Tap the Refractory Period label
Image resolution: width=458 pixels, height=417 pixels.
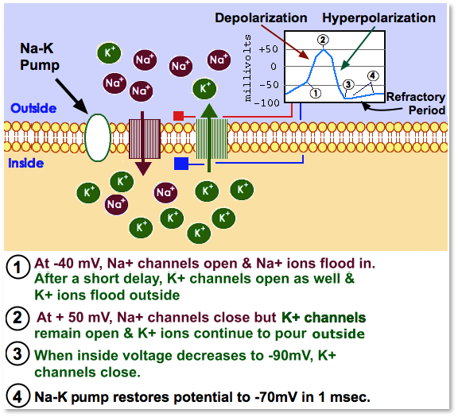pyautogui.click(x=416, y=103)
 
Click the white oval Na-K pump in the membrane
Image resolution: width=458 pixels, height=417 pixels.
pyautogui.click(x=97, y=138)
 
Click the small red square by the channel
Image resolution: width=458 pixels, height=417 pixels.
pyautogui.click(x=178, y=117)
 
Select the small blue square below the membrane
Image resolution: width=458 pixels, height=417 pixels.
pyautogui.click(x=180, y=164)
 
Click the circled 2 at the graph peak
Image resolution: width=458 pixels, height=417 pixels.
pyautogui.click(x=322, y=40)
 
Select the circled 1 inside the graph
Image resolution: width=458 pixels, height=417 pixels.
pyautogui.click(x=315, y=92)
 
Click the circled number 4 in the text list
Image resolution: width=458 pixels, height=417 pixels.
pyautogui.click(x=17, y=395)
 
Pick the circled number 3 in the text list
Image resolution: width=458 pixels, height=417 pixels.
pyautogui.click(x=17, y=356)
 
